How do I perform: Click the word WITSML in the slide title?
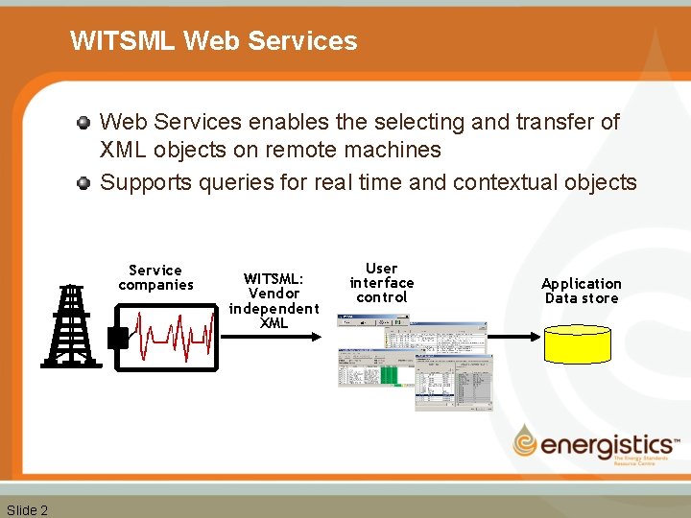click(122, 41)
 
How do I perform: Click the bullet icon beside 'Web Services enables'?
click(84, 123)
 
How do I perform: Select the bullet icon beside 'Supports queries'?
click(84, 182)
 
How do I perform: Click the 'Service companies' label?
click(155, 277)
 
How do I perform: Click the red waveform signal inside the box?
click(173, 337)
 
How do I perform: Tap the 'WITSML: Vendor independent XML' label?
click(274, 300)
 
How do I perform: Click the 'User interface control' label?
click(382, 282)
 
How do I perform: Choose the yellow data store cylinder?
click(577, 342)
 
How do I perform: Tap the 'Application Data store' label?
click(582, 291)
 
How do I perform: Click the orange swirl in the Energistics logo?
click(526, 441)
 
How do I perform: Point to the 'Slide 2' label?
click(27, 509)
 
